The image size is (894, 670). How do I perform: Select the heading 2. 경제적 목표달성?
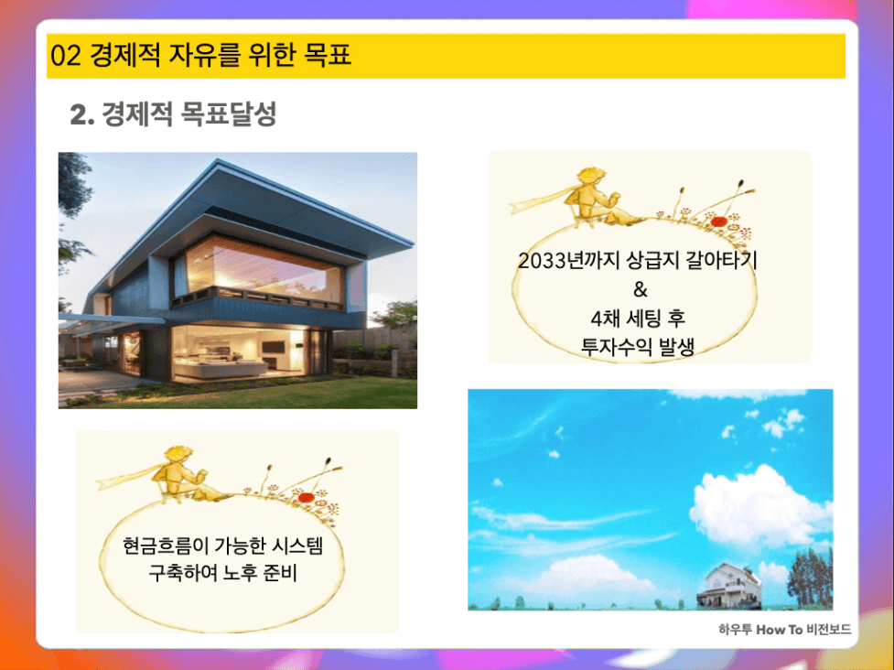[173, 114]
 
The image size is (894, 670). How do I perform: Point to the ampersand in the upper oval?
[641, 289]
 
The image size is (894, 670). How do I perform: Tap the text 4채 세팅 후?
[638, 319]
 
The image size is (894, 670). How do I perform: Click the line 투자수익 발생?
[637, 346]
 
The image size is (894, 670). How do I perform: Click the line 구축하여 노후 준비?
[223, 573]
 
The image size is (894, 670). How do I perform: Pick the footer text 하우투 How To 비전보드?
[784, 630]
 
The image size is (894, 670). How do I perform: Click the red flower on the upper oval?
[717, 222]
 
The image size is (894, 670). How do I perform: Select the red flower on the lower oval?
[306, 497]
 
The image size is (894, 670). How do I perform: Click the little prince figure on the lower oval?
[180, 474]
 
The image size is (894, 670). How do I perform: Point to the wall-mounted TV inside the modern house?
[274, 347]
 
